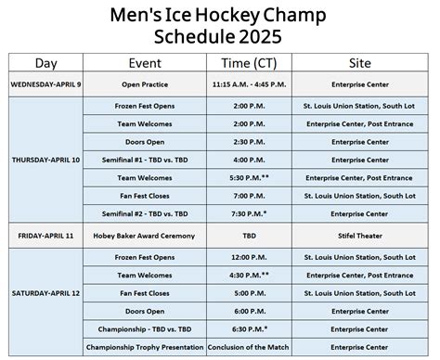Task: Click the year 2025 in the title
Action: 255,38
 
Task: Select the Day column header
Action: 45,63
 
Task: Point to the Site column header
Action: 358,63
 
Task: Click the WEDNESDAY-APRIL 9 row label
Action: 45,84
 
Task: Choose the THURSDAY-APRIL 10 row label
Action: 45,160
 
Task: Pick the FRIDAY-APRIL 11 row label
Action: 45,236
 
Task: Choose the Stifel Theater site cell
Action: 358,236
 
